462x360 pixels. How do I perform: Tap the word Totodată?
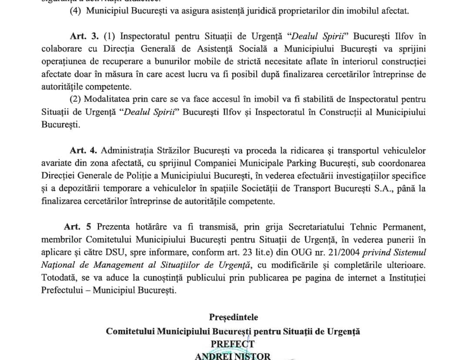[59, 277]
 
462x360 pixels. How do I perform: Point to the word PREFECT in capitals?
[233, 344]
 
